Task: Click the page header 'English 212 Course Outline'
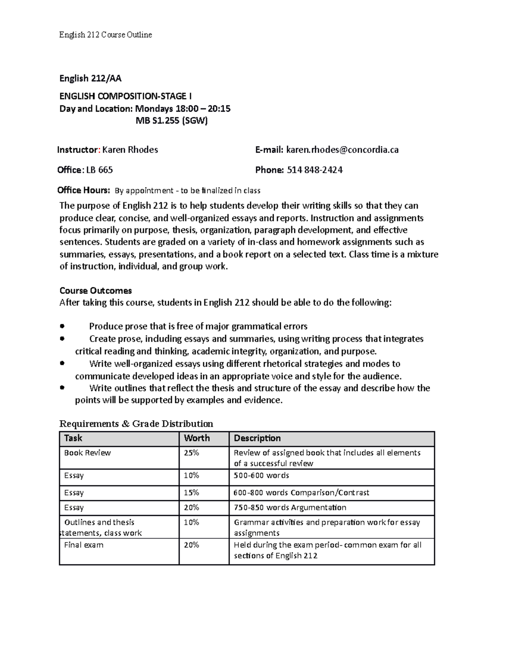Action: [105, 35]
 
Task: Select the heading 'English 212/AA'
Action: [90, 78]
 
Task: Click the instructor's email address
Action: [342, 149]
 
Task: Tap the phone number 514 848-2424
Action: [315, 170]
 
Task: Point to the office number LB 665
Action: [100, 170]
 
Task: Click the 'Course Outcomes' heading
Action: [96, 291]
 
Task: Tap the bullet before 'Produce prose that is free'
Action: [62, 326]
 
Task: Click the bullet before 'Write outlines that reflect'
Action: [62, 388]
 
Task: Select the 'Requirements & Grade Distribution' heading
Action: [136, 424]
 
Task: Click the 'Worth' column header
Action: [197, 438]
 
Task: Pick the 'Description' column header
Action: [257, 438]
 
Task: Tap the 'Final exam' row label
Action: [83, 545]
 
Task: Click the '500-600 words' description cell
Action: [261, 475]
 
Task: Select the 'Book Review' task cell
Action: [87, 453]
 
